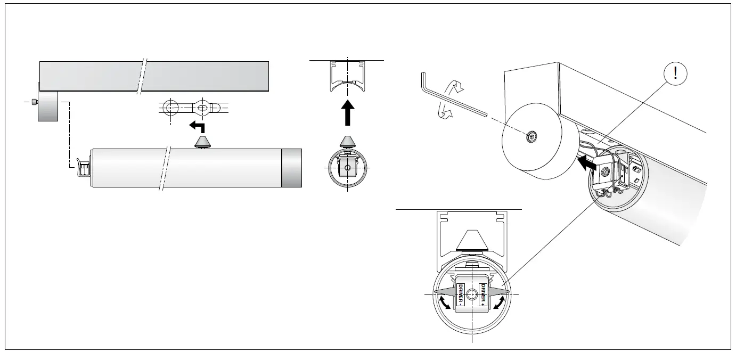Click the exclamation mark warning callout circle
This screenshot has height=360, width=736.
click(675, 74)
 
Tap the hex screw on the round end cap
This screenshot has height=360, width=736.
click(531, 137)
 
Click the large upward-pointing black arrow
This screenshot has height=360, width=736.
click(347, 112)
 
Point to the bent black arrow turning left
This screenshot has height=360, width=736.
click(198, 127)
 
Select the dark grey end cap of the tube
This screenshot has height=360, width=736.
click(291, 168)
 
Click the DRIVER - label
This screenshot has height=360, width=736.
click(460, 295)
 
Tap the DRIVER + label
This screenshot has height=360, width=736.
click(484, 295)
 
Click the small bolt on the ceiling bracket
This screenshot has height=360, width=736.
click(34, 102)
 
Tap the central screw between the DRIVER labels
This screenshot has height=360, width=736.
click(472, 295)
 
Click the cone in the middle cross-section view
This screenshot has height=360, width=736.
click(347, 142)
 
